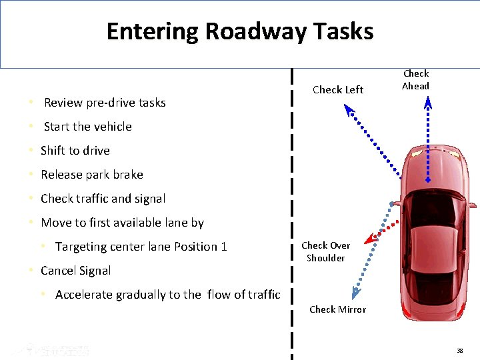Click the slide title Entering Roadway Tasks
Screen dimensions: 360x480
pyautogui.click(x=239, y=31)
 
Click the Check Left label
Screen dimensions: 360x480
pyautogui.click(x=338, y=90)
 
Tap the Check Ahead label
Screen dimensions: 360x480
pyautogui.click(x=416, y=79)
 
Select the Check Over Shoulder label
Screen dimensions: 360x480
pyautogui.click(x=325, y=251)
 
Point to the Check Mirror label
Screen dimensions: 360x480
pyautogui.click(x=337, y=309)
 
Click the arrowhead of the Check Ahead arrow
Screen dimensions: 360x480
pyautogui.click(x=428, y=102)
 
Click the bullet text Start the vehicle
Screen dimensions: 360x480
pyautogui.click(x=87, y=127)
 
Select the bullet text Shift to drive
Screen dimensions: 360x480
pyautogui.click(x=75, y=151)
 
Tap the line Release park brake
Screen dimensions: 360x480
pyautogui.click(x=91, y=175)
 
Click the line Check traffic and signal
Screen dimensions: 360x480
pyautogui.click(x=103, y=199)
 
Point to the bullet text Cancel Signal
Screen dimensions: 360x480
pyautogui.click(x=75, y=271)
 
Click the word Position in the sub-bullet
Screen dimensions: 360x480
pyautogui.click(x=195, y=247)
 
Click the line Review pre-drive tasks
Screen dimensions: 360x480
pyautogui.click(x=105, y=103)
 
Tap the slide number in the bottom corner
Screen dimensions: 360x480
pyautogui.click(x=460, y=351)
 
